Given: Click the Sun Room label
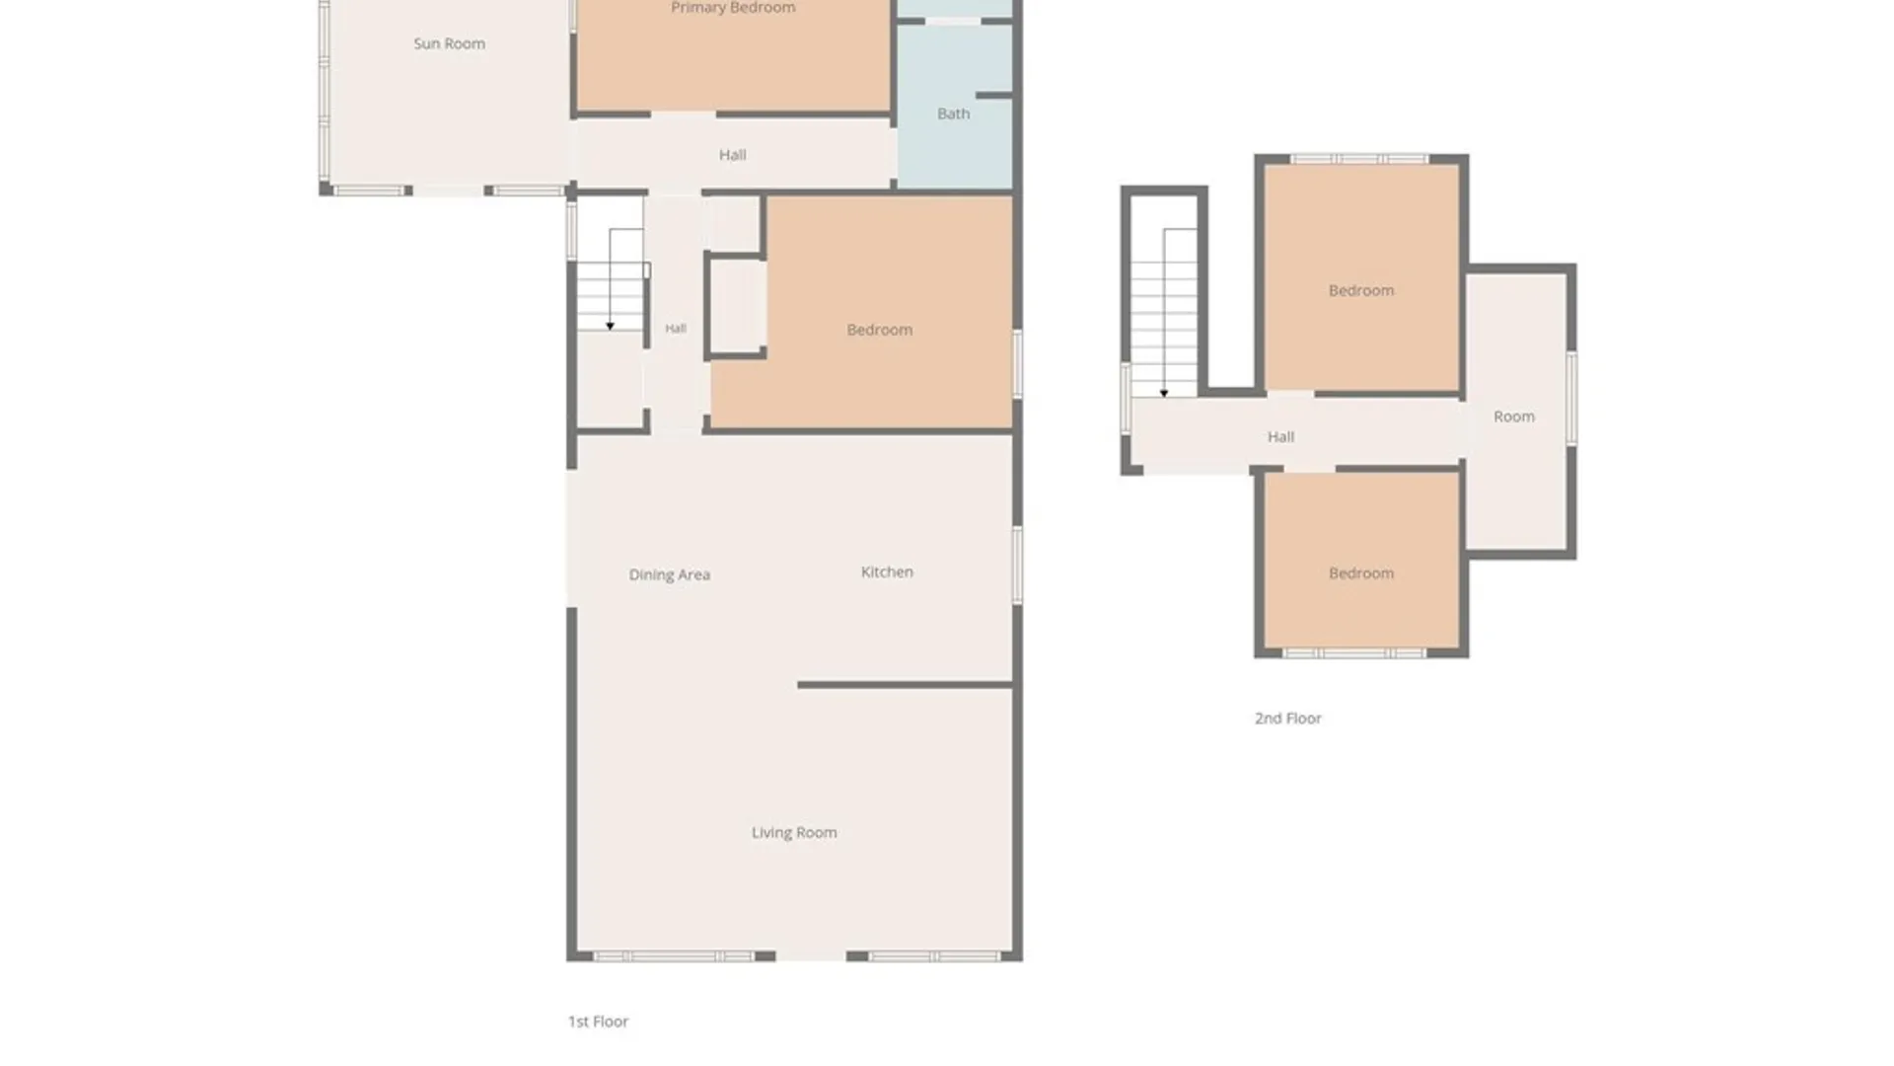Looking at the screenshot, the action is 449,43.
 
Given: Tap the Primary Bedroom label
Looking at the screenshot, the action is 733,8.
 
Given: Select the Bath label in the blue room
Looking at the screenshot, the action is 953,114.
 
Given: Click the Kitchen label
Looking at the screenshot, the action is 887,571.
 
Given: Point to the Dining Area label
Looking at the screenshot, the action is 669,574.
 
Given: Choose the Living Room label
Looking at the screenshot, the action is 794,832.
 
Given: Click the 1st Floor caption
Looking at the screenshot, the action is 598,1022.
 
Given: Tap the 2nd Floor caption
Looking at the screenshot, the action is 1287,719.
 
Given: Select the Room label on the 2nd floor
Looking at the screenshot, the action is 1513,417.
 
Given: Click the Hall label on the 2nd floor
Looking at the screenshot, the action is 1280,436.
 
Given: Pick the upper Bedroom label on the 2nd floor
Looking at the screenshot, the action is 1361,290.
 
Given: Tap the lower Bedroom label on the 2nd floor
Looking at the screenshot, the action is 1361,573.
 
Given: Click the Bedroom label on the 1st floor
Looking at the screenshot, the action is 879,330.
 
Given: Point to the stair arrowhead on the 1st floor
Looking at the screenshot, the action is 611,326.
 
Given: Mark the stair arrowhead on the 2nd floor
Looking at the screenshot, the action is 1164,393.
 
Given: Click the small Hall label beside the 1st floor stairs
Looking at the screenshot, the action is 675,329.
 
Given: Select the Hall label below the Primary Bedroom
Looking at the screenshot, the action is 732,155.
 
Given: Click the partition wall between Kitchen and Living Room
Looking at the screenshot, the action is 906,684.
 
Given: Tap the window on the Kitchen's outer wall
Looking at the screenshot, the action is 1018,565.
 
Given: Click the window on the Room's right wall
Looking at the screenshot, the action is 1571,398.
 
